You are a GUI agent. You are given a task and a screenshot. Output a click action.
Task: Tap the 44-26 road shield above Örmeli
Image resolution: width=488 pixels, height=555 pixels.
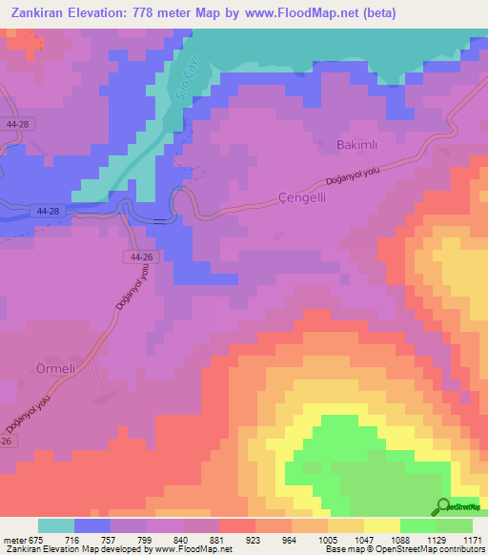(x=142, y=257)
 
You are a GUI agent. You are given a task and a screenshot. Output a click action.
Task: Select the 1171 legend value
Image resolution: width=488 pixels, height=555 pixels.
(x=473, y=541)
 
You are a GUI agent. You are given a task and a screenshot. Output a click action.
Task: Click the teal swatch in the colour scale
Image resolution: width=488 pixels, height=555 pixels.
(x=56, y=526)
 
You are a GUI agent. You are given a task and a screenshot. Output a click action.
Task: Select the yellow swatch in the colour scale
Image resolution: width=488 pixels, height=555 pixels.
(x=381, y=526)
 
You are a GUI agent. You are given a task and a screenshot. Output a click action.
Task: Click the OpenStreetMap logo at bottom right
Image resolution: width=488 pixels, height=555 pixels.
(x=459, y=509)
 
